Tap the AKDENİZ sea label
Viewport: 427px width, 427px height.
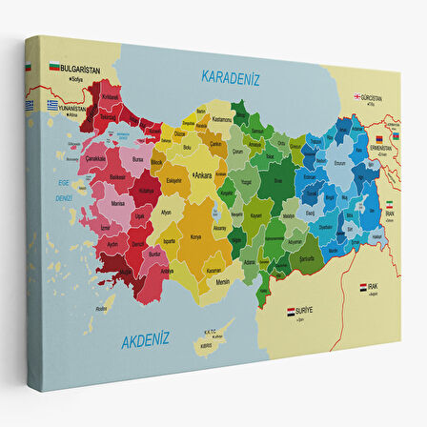pos(144,336)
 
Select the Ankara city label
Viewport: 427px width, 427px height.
pos(204,176)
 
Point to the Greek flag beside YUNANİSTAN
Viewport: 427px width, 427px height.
pos(53,105)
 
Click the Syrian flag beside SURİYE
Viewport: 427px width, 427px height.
pos(293,310)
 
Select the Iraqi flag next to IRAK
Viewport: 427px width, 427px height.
pos(363,285)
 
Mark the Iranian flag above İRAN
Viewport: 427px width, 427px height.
pos(389,205)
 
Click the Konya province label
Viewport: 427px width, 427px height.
pos(197,236)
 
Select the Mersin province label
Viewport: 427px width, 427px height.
pos(222,281)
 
